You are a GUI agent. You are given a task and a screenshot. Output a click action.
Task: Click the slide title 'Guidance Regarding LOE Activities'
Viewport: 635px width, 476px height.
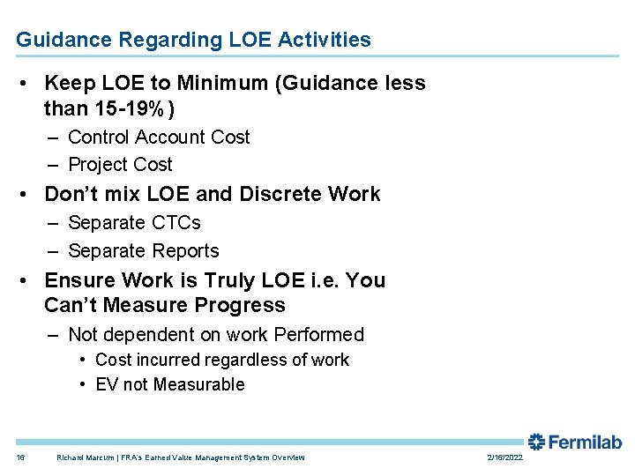(x=193, y=40)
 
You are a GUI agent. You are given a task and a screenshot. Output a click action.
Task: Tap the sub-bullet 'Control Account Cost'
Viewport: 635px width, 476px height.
(x=159, y=138)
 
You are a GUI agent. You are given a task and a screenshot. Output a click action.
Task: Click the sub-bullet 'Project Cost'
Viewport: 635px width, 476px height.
(x=120, y=165)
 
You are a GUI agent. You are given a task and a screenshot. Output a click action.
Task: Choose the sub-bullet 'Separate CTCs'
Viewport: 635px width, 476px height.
(x=134, y=223)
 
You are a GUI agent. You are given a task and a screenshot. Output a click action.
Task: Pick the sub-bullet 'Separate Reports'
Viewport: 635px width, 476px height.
(x=143, y=250)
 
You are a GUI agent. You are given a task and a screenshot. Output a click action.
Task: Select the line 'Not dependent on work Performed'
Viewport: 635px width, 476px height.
(x=215, y=335)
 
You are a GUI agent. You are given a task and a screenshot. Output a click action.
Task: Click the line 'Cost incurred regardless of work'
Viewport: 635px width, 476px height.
(x=221, y=360)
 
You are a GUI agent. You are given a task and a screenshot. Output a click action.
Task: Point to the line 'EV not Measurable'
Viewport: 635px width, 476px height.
(x=169, y=384)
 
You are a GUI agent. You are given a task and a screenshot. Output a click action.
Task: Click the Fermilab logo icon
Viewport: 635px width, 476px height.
(x=536, y=442)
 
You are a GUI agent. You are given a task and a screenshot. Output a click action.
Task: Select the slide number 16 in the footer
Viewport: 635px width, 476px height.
(x=20, y=457)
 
